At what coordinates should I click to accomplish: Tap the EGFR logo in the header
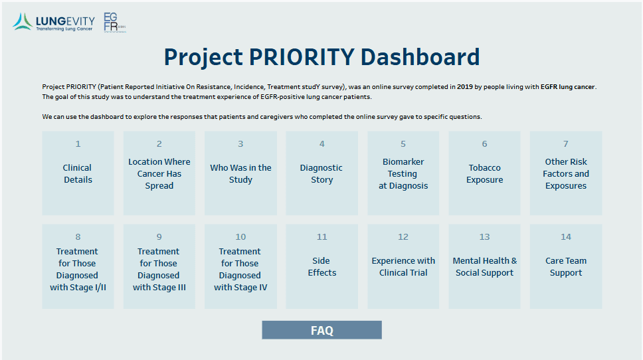[114, 23]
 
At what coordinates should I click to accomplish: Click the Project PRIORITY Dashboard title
[321, 57]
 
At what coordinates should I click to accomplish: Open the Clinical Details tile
[78, 173]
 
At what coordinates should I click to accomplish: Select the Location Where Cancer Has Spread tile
[159, 173]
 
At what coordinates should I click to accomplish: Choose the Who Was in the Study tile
[240, 173]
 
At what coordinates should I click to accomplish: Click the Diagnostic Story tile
[321, 173]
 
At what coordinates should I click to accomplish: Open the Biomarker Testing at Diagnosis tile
[403, 173]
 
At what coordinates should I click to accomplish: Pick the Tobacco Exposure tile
[484, 173]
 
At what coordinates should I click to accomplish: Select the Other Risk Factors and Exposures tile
[566, 173]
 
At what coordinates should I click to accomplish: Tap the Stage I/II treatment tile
[78, 266]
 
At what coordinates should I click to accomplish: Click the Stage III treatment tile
[159, 266]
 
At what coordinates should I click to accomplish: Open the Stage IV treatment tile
[240, 266]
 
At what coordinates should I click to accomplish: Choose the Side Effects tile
[321, 266]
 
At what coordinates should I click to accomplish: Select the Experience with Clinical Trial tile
[403, 266]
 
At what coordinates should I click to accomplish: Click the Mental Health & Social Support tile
[484, 266]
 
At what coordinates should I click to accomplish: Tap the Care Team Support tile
[566, 266]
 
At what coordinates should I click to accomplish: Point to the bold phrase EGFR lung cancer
[567, 87]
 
